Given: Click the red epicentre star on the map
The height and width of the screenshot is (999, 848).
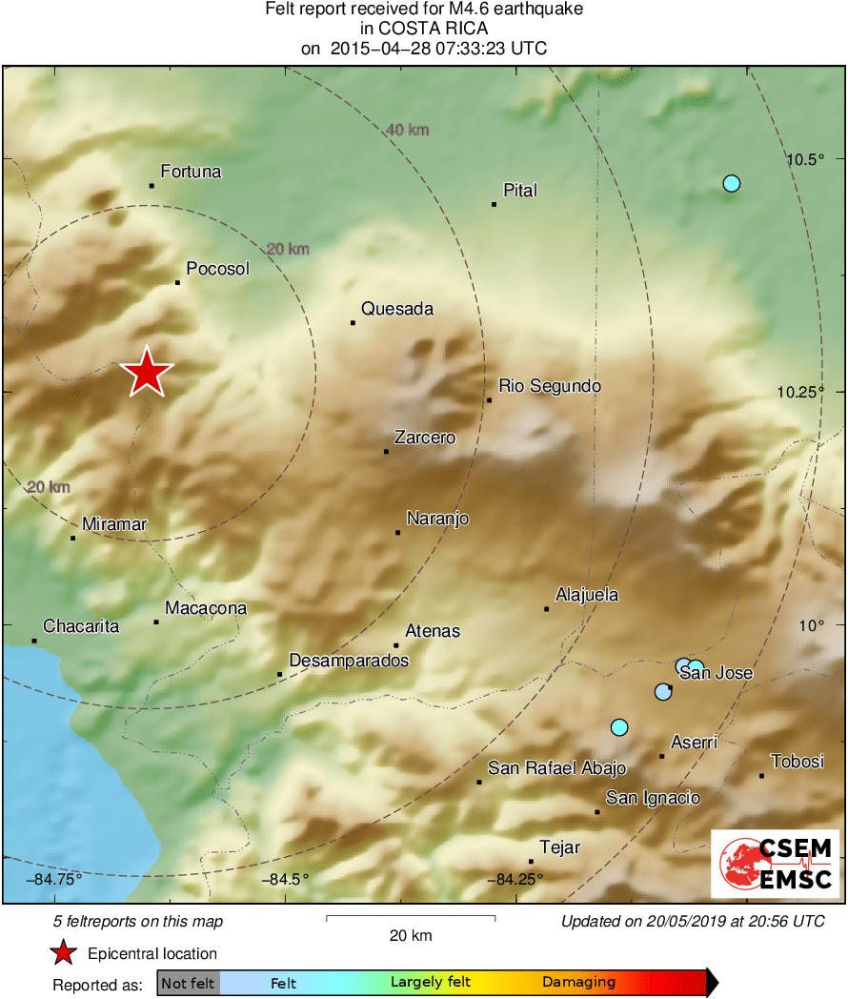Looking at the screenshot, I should (147, 372).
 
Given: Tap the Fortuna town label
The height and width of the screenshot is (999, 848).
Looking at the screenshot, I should (191, 172).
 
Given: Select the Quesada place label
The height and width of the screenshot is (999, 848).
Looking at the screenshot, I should (397, 309).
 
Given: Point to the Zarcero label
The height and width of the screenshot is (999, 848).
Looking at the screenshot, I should (424, 438).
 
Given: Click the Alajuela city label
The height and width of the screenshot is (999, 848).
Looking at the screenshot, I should (587, 595).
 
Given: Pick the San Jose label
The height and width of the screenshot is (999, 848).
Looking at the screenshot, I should (722, 673).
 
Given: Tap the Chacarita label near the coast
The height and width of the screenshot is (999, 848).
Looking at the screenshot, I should (82, 626).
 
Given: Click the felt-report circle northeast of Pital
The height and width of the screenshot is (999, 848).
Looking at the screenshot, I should (731, 183).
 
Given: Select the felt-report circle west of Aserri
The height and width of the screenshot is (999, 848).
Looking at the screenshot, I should (619, 727).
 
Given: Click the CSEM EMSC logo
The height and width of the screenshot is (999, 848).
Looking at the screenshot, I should (775, 863).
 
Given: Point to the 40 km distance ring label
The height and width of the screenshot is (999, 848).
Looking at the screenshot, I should (407, 130).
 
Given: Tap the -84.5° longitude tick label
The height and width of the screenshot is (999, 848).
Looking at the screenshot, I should (285, 879).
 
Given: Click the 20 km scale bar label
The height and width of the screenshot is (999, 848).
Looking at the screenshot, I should (411, 935).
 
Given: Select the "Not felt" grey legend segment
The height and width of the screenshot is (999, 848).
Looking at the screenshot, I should (188, 983).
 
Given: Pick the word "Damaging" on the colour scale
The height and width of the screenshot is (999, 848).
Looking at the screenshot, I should (579, 982).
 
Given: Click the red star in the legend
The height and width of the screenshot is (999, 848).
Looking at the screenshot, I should (64, 952).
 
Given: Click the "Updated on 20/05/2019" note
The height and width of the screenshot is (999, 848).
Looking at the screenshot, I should (692, 921).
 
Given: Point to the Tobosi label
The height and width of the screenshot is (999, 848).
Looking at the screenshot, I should (797, 762).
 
